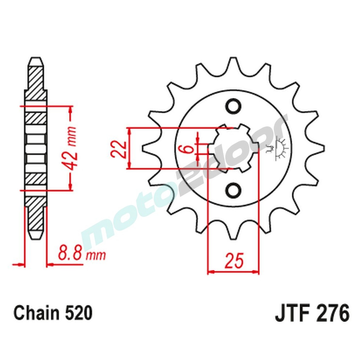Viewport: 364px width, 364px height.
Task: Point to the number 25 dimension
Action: point(233,261)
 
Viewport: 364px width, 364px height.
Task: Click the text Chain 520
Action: point(53,313)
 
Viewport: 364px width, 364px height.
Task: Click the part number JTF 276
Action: point(312,313)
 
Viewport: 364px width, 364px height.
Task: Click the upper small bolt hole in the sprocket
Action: point(233,107)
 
